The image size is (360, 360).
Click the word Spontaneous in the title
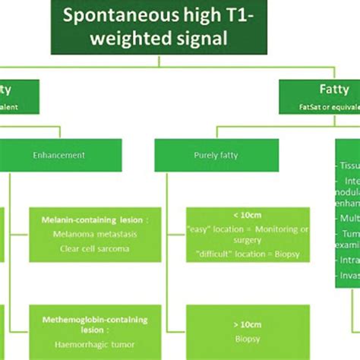click(111, 15)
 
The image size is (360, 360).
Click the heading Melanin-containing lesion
click(95, 219)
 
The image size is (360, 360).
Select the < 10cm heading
click(248, 215)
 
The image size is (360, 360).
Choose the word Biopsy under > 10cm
click(248, 339)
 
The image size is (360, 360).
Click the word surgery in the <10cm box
click(248, 240)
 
